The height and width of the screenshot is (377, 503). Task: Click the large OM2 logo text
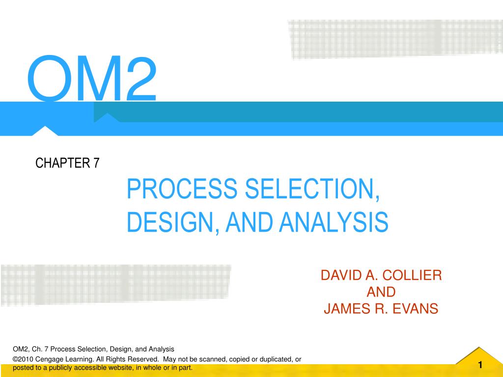[x=92, y=79]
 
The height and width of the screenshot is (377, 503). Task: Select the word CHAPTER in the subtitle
[x=60, y=163]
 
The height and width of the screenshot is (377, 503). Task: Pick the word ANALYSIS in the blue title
[x=334, y=222]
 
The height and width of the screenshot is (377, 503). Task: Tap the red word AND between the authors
[x=381, y=292]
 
